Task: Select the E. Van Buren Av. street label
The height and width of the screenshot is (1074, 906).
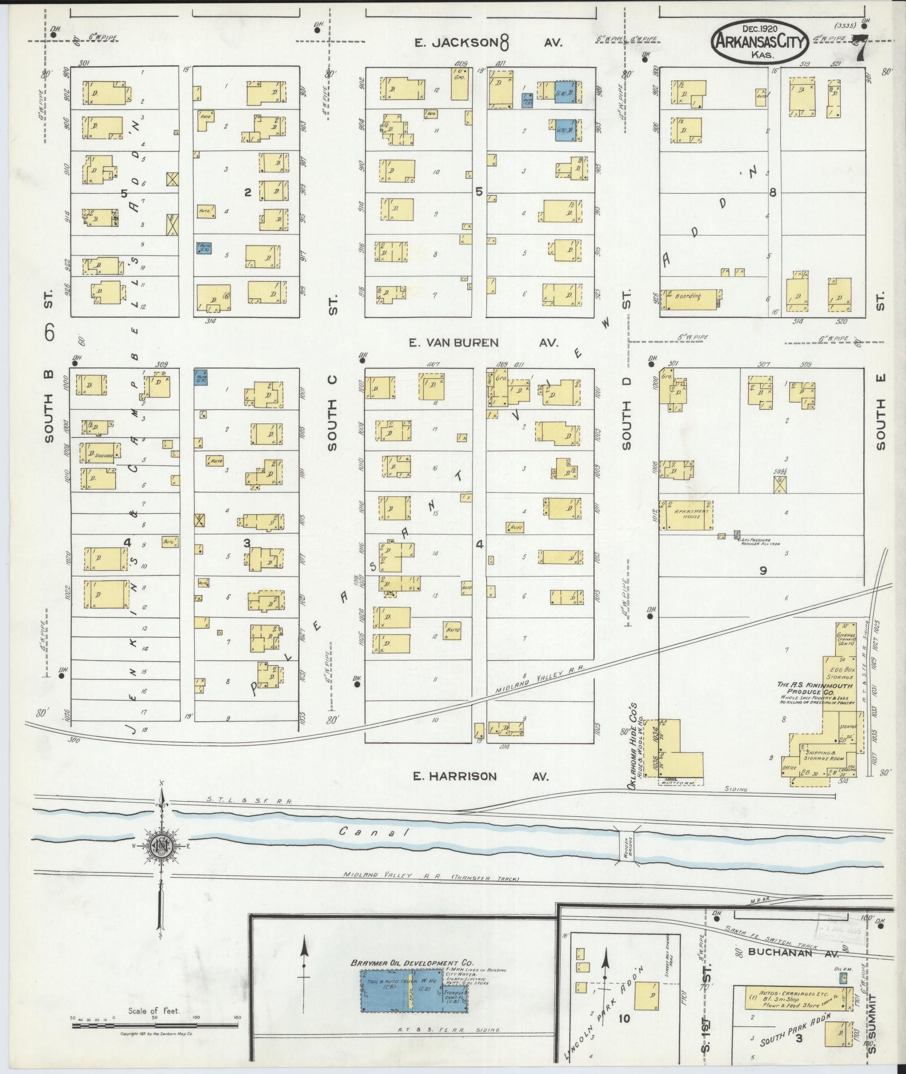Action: (x=486, y=342)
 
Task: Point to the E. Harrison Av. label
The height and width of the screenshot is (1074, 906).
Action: (x=480, y=776)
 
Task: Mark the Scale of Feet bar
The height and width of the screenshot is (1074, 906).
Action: (x=154, y=1025)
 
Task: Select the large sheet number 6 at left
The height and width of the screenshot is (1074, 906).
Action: (x=49, y=333)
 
